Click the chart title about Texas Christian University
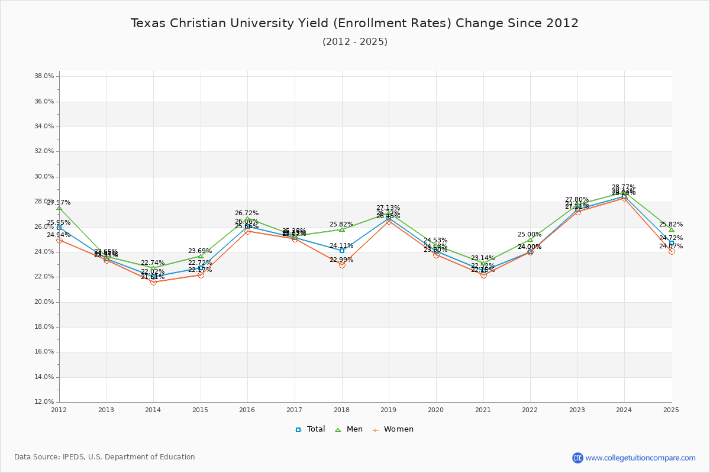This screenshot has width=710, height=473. click(354, 24)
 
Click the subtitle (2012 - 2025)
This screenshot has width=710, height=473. click(355, 42)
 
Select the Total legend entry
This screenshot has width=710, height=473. click(311, 429)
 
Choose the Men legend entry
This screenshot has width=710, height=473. click(349, 429)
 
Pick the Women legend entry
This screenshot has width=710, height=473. click(393, 429)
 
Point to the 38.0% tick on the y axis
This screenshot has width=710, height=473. click(45, 76)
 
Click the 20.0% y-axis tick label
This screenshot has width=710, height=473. click(45, 302)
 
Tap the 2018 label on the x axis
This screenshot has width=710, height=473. click(341, 409)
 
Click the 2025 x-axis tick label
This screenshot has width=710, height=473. click(671, 409)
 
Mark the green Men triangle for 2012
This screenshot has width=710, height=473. click(59, 208)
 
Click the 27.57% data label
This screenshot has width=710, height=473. click(59, 202)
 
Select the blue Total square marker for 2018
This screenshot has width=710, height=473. click(342, 251)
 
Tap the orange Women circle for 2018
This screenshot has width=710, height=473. click(342, 265)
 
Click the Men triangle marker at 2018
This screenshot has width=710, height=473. click(342, 229)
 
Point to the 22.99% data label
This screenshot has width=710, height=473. click(341, 260)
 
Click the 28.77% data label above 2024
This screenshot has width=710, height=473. click(624, 187)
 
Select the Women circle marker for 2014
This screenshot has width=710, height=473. click(153, 282)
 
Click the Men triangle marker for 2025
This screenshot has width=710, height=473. click(671, 229)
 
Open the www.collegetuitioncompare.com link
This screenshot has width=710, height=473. click(640, 458)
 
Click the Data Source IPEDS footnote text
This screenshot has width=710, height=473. click(105, 457)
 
